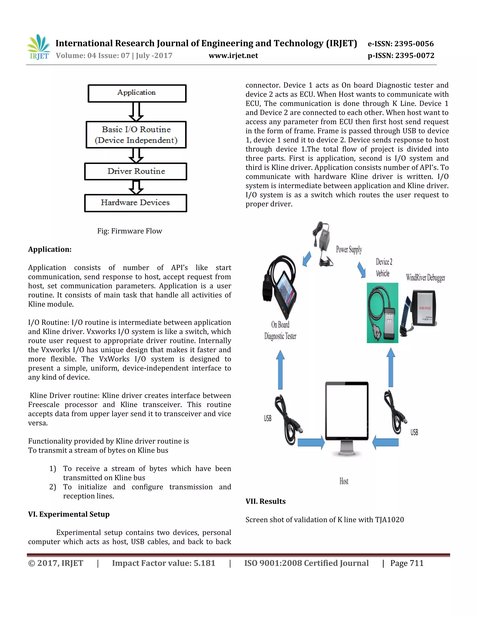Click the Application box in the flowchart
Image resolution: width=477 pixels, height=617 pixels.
[137, 93]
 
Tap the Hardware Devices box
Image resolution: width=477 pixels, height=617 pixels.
[135, 203]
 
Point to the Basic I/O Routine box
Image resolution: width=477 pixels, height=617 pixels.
[136, 135]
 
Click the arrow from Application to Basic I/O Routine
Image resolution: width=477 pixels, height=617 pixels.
[136, 112]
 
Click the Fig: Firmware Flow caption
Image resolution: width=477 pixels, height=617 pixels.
[129, 231]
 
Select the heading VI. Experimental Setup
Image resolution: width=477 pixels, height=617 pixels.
[69, 514]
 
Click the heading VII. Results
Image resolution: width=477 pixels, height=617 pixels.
[265, 501]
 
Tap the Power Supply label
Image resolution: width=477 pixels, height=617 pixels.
[349, 249]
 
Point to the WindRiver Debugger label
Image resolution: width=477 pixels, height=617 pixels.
[425, 278]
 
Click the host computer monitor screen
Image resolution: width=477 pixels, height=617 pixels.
[347, 410]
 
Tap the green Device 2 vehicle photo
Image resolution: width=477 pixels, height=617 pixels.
[382, 313]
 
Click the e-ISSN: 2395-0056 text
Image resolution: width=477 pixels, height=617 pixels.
[400, 44]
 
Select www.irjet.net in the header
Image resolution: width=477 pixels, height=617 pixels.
[233, 56]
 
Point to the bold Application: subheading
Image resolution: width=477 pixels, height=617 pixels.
[50, 249]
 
